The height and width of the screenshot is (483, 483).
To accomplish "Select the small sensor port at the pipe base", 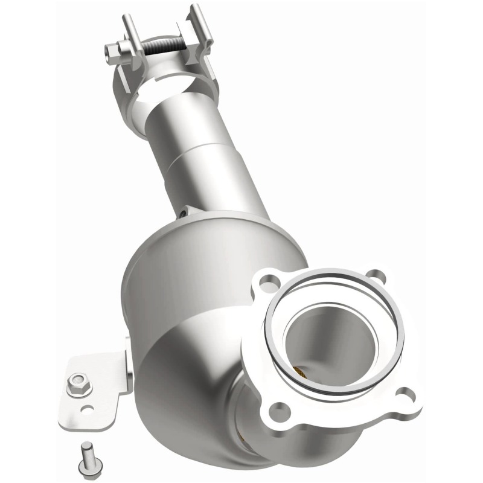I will (x=183, y=213).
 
